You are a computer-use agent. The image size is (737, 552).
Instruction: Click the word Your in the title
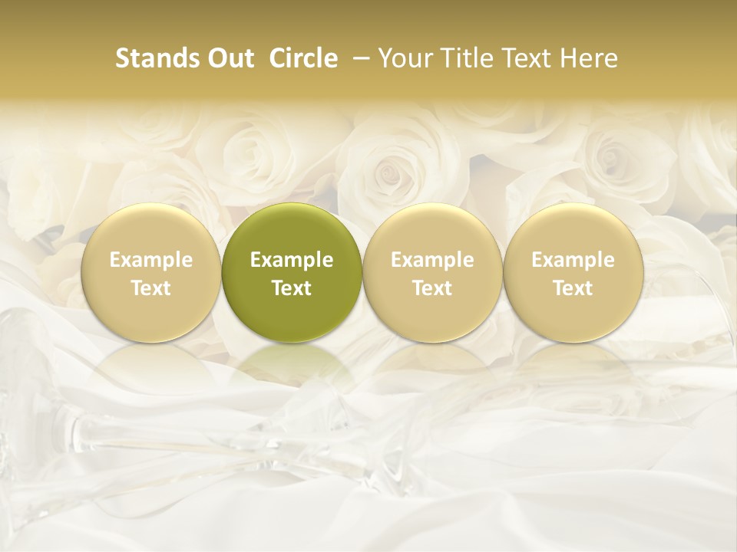tap(404, 58)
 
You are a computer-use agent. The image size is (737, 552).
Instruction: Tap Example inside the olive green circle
tap(292, 260)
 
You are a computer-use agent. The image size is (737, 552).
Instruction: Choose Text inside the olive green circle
tap(292, 288)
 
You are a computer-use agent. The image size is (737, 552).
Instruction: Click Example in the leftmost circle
tap(151, 260)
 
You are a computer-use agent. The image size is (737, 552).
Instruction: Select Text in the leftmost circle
tap(151, 288)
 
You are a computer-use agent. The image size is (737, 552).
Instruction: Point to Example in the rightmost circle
tap(573, 260)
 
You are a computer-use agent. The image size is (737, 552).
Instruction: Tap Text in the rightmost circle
tap(573, 288)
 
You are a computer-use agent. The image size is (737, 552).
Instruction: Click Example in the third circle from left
tap(432, 260)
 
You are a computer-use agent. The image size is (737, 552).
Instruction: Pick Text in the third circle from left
tap(432, 288)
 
